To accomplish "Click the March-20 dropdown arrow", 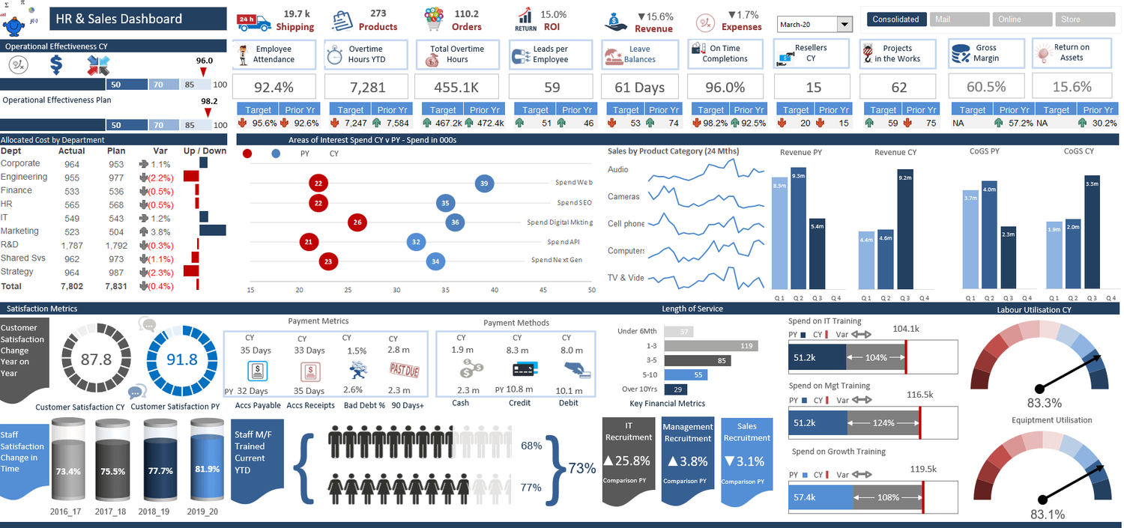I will tap(845, 25).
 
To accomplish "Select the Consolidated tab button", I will tap(895, 19).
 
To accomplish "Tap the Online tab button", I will tap(1009, 19).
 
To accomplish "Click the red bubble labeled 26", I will tap(357, 222).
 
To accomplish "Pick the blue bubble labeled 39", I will tap(484, 183).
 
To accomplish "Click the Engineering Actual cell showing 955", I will tap(72, 177).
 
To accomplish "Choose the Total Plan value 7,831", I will tap(116, 286).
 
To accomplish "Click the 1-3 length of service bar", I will tap(710, 345).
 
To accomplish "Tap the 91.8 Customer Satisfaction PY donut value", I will tap(181, 359).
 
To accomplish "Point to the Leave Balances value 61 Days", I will tap(639, 88).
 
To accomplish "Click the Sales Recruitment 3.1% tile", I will tap(745, 461).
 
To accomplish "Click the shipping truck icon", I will tap(253, 22).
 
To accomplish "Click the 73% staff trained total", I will tap(581, 468).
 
